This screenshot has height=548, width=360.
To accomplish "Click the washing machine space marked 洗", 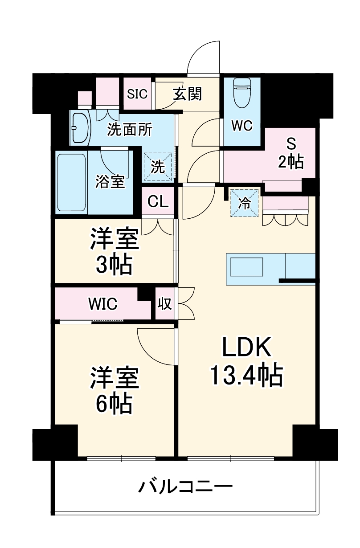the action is point(158,167).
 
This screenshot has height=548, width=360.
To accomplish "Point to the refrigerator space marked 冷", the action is point(245,203).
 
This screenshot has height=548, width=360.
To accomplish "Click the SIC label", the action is point(137,94).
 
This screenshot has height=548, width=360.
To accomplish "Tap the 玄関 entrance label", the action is point(188,94).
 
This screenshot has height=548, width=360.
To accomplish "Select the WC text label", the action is point(242,126).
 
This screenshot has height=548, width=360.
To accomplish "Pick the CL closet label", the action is point(158,202).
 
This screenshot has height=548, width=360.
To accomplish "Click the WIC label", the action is point(103,304).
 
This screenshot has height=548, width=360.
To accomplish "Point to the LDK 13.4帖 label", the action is point(247,362).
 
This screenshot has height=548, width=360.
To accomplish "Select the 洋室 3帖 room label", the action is point(115,251).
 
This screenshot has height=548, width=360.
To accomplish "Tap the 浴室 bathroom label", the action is point(110,182).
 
